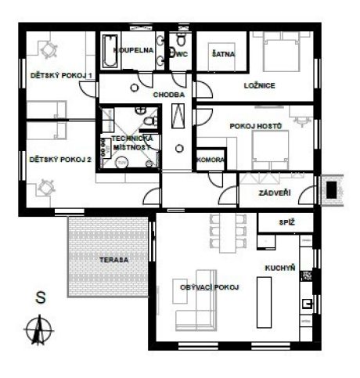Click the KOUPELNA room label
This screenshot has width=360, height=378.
tap(133, 50)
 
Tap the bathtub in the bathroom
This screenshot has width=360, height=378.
tap(110, 51)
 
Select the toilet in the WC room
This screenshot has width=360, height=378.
tap(181, 38)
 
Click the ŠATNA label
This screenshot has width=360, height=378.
tap(223, 54)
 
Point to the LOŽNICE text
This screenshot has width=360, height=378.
tap(260, 85)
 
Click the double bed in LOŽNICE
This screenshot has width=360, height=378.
tap(281, 52)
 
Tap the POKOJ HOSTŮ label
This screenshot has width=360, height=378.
tap(256, 126)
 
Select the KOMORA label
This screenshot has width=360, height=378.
tap(210, 160)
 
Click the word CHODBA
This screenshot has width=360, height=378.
tap(169, 95)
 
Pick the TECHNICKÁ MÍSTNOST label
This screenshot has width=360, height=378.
tap(131, 142)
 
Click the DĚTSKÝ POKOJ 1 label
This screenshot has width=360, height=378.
tap(61, 76)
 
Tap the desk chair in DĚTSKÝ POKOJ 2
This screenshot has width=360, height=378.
tap(46, 187)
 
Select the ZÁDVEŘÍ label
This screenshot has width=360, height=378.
tap(275, 193)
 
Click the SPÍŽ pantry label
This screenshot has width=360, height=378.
tap(287, 222)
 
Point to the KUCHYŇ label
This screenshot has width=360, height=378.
tap(280, 268)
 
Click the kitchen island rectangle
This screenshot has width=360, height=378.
tap(264, 302)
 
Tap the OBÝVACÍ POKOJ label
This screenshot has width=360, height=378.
tap(210, 287)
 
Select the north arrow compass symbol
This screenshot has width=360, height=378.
tap(39, 329)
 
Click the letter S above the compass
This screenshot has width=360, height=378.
tap(41, 297)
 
